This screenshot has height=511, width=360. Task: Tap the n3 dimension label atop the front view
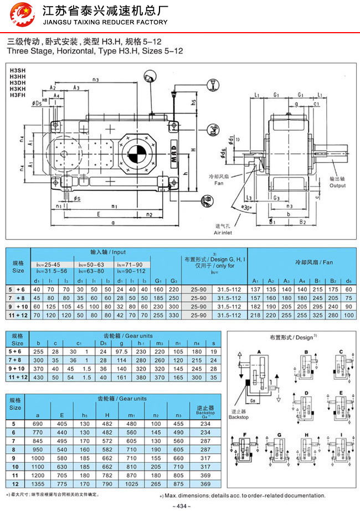96,80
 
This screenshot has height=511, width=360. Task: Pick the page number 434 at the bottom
180,505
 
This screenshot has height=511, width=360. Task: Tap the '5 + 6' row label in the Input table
18,288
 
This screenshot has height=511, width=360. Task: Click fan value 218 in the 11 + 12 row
255,314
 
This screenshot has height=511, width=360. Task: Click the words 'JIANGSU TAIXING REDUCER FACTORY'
104,22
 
